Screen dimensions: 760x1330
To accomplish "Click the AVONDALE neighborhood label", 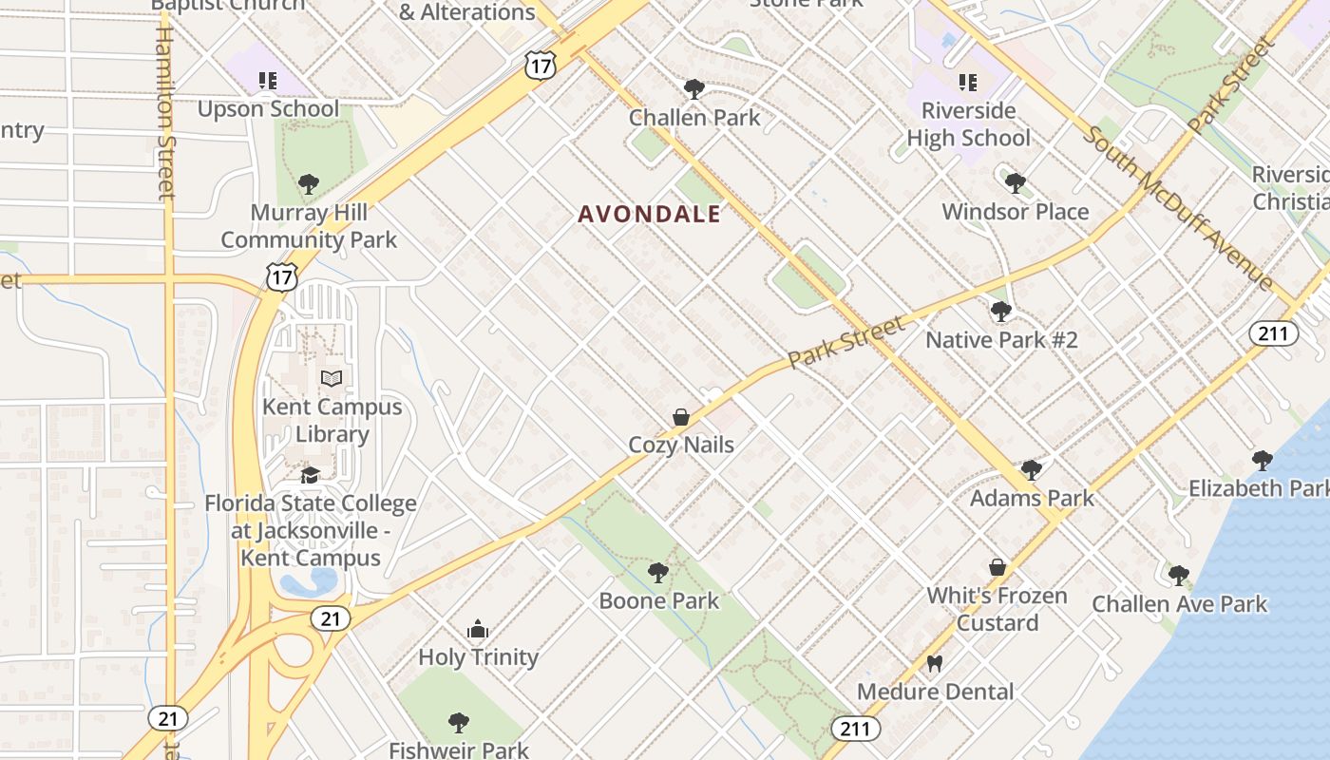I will pos(650,215).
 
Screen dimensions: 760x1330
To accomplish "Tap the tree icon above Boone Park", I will pos(657,572).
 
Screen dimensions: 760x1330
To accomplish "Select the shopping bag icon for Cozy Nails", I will pos(681,417).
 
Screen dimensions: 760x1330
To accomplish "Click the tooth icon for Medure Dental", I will pos(935,664).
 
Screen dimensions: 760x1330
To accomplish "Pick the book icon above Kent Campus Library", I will pos(331,378).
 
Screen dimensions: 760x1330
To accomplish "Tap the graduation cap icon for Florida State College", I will pos(310,475).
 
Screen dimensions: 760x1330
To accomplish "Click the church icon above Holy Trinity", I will pos(478,629).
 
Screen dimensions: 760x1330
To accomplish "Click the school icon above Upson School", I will pos(268,81).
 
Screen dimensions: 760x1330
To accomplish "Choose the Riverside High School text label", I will pos(967,124).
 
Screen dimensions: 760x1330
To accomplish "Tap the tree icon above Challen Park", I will pos(694,89).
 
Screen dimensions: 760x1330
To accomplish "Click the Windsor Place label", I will pos(1015,211).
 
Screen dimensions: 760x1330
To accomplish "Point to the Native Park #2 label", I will pos(1001,340).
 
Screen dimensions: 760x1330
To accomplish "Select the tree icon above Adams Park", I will pos(1032,469).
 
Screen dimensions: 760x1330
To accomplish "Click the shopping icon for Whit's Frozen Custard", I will pos(997,567).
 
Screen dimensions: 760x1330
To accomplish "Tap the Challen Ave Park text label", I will pos(1179,604).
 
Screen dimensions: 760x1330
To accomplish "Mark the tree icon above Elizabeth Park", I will pos(1262,460).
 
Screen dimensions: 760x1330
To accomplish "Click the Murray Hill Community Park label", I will pos(309,226).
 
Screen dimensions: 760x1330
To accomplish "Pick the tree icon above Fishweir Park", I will pos(459,722).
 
